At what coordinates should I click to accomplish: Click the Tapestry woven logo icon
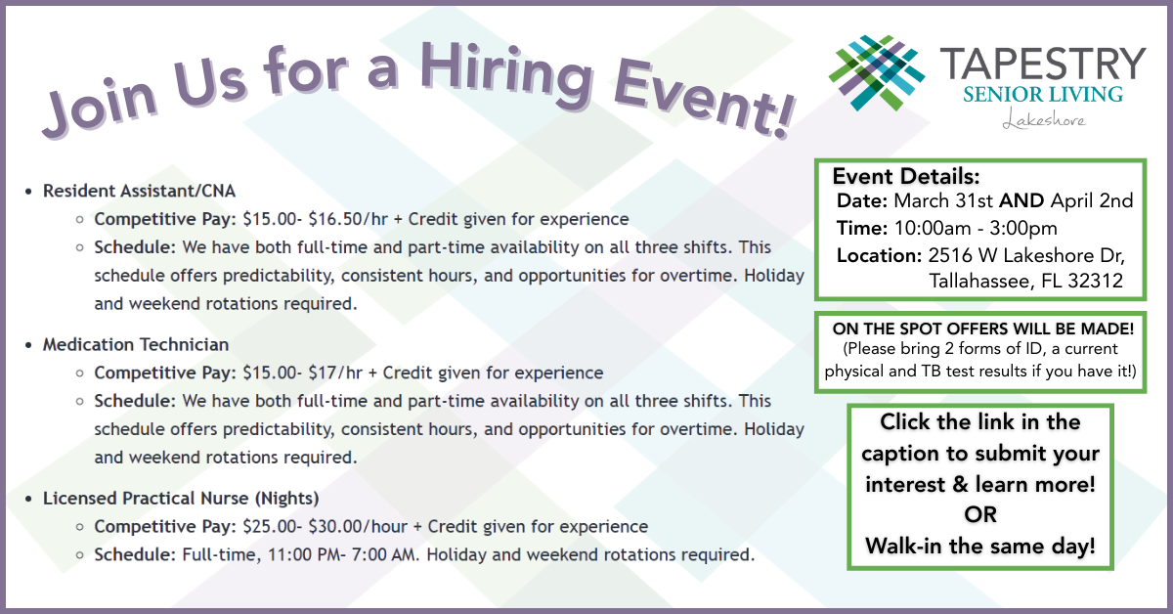point(877,72)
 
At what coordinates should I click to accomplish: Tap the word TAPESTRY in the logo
point(1043,64)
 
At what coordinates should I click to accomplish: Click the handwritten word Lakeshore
point(1044,119)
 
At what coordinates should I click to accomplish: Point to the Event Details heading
point(906,177)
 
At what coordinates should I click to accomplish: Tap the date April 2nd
point(1092,201)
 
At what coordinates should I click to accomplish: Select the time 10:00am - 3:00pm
point(976,229)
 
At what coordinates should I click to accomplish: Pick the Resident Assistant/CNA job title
point(139,191)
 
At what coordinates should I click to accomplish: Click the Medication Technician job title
point(136,345)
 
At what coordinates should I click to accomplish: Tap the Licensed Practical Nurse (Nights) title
point(181,499)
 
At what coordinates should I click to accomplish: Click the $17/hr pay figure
point(335,373)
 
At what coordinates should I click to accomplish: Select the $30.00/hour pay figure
point(358,527)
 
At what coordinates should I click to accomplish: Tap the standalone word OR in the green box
point(980,515)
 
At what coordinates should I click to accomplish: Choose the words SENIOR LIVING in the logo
point(1043,95)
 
